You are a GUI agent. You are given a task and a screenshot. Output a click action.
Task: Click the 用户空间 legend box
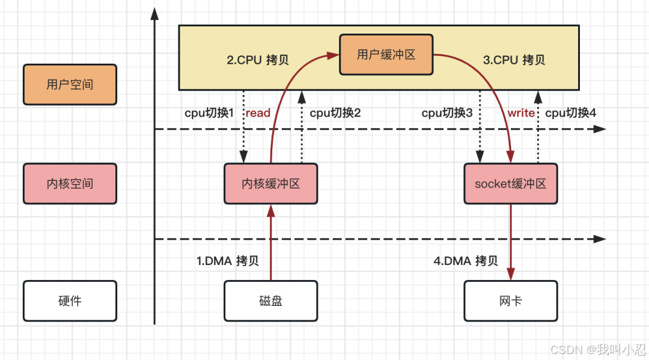pyautogui.click(x=70, y=84)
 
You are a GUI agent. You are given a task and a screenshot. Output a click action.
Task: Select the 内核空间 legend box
pyautogui.click(x=70, y=183)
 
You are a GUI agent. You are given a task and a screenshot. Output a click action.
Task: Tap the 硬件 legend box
pyautogui.click(x=70, y=301)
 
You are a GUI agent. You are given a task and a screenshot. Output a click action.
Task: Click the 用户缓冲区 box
pyautogui.click(x=386, y=55)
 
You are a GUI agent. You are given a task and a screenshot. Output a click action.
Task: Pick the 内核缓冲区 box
pyautogui.click(x=270, y=183)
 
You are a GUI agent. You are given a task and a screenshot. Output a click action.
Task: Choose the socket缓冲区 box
pyautogui.click(x=510, y=183)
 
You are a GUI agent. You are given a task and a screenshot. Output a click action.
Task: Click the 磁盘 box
pyautogui.click(x=270, y=301)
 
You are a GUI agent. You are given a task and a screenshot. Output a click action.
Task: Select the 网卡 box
pyautogui.click(x=510, y=301)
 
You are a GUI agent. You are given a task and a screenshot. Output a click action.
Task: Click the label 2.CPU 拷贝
pyautogui.click(x=258, y=60)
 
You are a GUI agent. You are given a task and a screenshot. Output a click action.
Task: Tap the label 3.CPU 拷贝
pyautogui.click(x=514, y=60)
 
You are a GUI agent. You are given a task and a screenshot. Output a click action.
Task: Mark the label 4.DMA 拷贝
pyautogui.click(x=466, y=261)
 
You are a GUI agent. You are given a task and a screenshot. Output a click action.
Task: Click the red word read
pyautogui.click(x=258, y=112)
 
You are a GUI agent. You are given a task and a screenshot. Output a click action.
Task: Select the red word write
pyautogui.click(x=521, y=112)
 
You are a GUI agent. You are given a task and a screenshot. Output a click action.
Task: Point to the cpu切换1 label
pyautogui.click(x=209, y=112)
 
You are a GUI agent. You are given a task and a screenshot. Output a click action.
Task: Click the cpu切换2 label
pyautogui.click(x=335, y=112)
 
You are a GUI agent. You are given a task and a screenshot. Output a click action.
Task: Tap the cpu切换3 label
pyautogui.click(x=447, y=112)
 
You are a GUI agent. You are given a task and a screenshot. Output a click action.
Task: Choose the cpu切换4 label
pyautogui.click(x=570, y=112)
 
